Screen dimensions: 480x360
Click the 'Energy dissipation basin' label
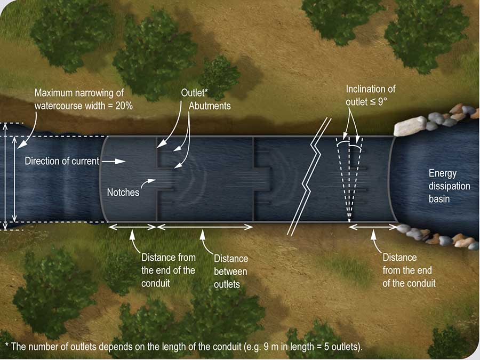449,186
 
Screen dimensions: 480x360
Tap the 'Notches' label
123,192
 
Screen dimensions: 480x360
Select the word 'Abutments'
210,106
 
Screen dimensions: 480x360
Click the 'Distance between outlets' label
230,271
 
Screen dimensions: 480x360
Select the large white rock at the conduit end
410,126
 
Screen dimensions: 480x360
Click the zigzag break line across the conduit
310,177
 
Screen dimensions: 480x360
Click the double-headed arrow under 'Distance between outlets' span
204,227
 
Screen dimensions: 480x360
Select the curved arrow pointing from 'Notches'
148,183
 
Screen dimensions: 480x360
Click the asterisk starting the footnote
7,345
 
